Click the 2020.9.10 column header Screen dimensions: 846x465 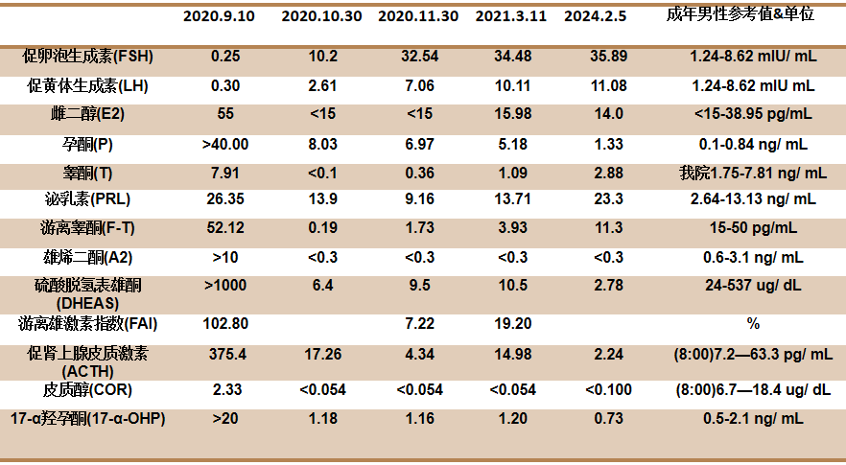pyautogui.click(x=219, y=16)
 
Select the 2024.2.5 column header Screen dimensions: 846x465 pyautogui.click(x=595, y=16)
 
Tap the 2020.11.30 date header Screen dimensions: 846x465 pyautogui.click(x=418, y=16)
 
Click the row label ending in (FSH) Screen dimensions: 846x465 pyautogui.click(x=88, y=57)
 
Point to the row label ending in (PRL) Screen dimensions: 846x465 pyautogui.click(x=88, y=199)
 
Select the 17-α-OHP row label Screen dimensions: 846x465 pyautogui.click(x=88, y=419)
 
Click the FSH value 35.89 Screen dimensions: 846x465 pyautogui.click(x=608, y=57)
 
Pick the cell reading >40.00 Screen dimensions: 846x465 pyautogui.click(x=225, y=145)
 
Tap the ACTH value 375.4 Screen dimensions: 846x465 pyautogui.click(x=227, y=355)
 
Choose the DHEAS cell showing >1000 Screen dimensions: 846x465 pyautogui.click(x=225, y=285)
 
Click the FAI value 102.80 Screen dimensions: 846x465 pyautogui.click(x=225, y=324)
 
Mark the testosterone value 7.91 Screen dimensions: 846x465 pyautogui.click(x=225, y=174)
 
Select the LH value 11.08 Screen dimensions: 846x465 pyautogui.click(x=608, y=85)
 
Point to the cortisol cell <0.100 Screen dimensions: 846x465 pyautogui.click(x=608, y=389)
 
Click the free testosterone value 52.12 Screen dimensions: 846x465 pyautogui.click(x=225, y=227)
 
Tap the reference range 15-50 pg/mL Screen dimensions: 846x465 pyautogui.click(x=753, y=227)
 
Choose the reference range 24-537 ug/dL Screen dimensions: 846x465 pyautogui.click(x=753, y=285)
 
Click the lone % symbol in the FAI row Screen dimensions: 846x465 pyautogui.click(x=753, y=324)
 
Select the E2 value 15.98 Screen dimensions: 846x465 pyautogui.click(x=513, y=114)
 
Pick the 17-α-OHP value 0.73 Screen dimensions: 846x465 pyautogui.click(x=608, y=419)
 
